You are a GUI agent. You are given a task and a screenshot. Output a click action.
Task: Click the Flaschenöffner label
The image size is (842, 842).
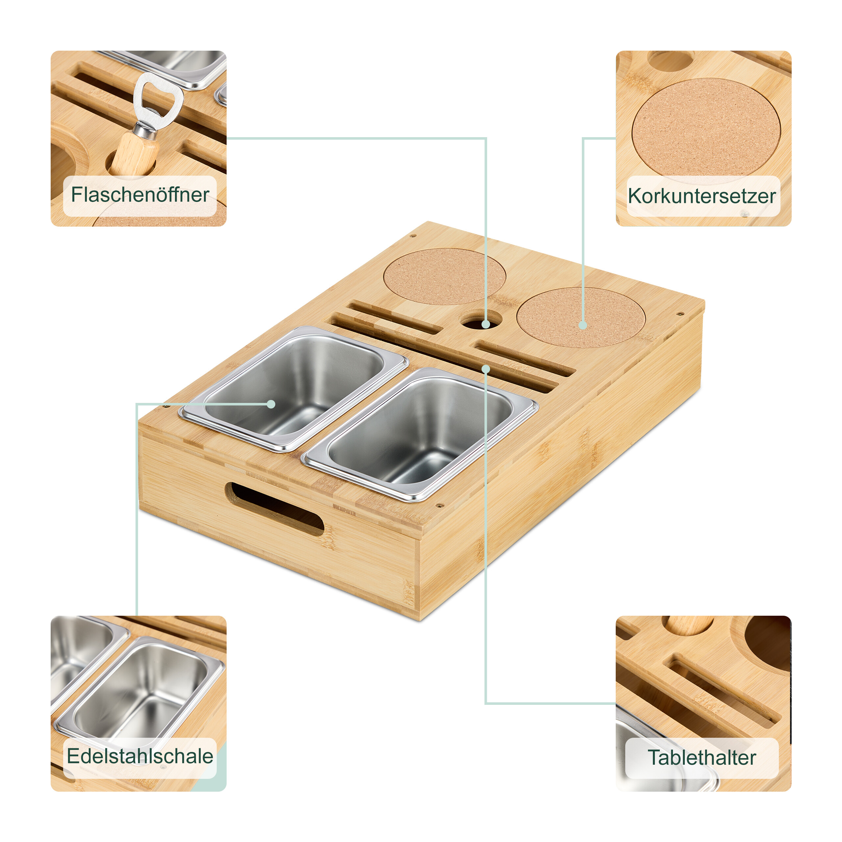point(140,195)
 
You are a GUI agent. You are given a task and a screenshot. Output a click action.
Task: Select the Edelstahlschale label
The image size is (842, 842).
point(140,756)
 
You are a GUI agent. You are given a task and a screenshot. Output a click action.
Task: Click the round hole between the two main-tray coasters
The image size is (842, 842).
point(481,320)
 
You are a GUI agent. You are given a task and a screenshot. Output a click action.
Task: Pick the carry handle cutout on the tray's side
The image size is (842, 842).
point(275,508)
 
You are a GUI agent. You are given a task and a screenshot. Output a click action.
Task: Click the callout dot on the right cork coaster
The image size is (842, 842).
point(583,325)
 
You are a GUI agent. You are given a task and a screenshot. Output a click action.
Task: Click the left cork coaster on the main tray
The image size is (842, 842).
point(445,276)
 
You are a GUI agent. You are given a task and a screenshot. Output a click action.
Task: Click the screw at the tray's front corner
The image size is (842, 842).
point(439,507)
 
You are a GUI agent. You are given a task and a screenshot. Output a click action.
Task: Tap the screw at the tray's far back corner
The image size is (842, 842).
point(413,236)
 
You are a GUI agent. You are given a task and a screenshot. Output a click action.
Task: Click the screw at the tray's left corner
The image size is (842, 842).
point(166,406)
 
